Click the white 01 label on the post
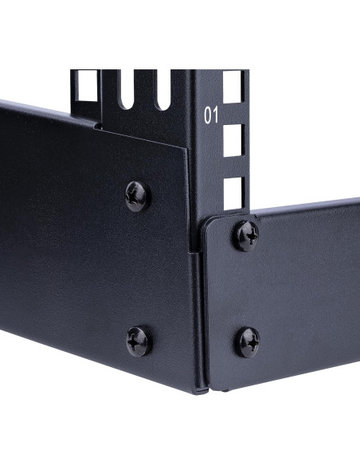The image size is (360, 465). [x=211, y=115]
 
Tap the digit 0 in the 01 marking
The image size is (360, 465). [x=208, y=115]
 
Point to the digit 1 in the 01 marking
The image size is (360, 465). [x=215, y=115]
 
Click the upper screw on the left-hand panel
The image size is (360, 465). [x=138, y=195]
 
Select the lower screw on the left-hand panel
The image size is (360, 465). [x=138, y=341]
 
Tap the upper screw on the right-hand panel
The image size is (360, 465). [x=245, y=236]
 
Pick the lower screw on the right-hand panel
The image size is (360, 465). [x=248, y=342]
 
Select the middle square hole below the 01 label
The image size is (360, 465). [x=233, y=141]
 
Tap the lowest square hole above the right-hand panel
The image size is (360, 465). [x=233, y=193]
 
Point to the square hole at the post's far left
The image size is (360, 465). [x=84, y=85]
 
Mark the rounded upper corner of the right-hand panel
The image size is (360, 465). [x=206, y=221]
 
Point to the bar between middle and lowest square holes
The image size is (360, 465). [x=233, y=167]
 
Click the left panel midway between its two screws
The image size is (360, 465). [x=138, y=268]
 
